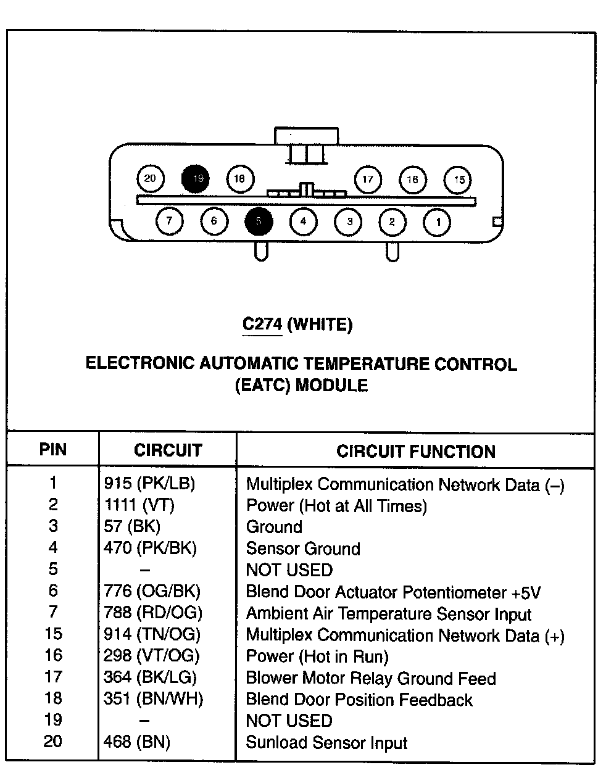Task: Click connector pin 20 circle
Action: [150, 179]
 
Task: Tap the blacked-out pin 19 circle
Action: [195, 179]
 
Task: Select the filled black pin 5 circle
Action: [259, 222]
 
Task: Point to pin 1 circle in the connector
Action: [438, 222]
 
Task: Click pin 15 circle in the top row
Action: [458, 180]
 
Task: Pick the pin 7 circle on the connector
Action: [170, 221]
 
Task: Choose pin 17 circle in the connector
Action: [368, 180]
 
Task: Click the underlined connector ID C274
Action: [262, 324]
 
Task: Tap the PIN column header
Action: [53, 449]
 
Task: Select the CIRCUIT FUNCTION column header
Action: [415, 452]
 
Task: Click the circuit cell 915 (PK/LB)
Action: [149, 484]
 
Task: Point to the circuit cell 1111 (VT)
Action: [139, 505]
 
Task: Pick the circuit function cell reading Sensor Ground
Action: [302, 549]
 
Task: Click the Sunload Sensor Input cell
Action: [326, 742]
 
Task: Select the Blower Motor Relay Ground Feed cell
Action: [370, 678]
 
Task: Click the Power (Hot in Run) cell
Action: [317, 656]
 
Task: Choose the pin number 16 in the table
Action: [53, 655]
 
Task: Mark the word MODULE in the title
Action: [332, 386]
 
